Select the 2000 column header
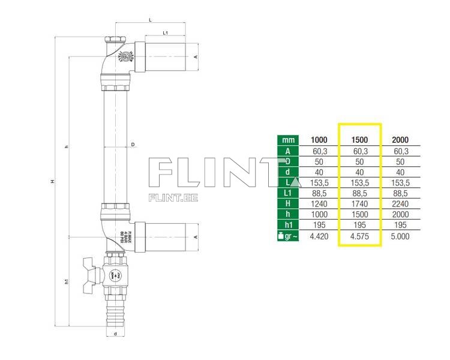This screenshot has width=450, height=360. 400,140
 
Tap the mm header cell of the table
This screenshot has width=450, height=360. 287,140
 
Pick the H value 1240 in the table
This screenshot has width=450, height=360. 319,203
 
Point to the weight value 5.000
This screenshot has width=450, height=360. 400,237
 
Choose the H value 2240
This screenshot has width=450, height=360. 400,203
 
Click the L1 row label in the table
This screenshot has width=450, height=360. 287,193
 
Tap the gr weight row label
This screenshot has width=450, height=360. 287,237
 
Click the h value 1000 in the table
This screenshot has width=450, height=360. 319,214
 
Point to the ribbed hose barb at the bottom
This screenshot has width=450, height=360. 113,308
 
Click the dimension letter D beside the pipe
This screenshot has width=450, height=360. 133,145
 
